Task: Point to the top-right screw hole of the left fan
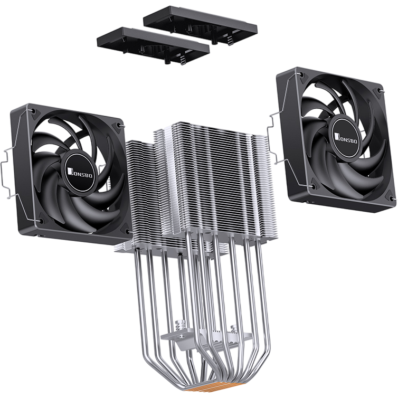[122, 127]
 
